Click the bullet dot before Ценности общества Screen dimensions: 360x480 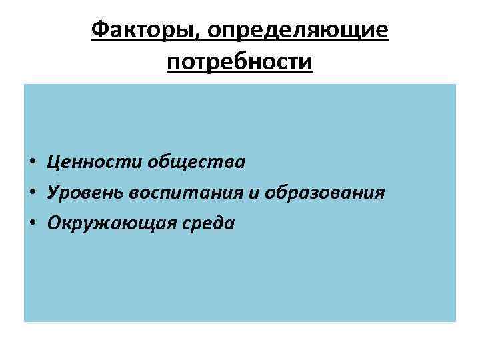[x=32, y=162]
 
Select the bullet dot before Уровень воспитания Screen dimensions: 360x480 [x=32, y=193]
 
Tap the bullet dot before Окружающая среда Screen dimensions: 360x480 [x=32, y=224]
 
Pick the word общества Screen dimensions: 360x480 [x=197, y=161]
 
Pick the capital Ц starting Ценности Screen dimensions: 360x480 [x=53, y=161]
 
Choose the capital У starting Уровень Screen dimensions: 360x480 [x=53, y=193]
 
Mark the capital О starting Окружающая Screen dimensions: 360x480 [x=54, y=223]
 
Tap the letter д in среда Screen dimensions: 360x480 [x=219, y=224]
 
